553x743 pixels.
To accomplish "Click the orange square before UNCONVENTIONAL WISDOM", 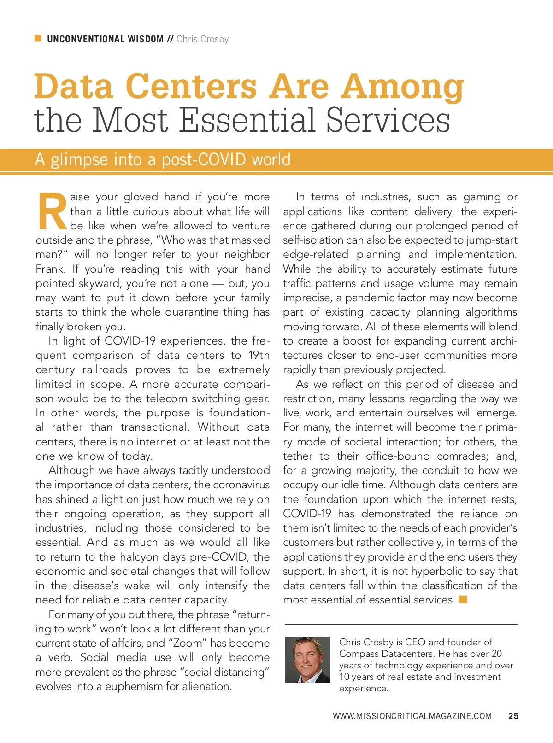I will coord(38,38).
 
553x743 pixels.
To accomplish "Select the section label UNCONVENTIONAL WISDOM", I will coord(105,39).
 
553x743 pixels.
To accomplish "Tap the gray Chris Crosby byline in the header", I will coord(202,39).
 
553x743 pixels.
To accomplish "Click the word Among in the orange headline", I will coord(402,87).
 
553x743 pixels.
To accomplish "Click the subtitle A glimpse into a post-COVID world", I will coord(163,160).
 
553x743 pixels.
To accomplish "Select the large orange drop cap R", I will coord(52,211).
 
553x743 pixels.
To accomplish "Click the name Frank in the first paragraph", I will coord(51,269).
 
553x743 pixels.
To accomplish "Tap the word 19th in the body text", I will coord(259,355).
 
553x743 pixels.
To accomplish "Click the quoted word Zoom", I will coord(188,643).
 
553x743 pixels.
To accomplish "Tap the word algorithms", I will coord(491,312).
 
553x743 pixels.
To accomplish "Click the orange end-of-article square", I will coord(463,599).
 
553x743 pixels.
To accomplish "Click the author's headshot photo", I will coord(307,660).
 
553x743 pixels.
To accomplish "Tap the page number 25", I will coord(513,716).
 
